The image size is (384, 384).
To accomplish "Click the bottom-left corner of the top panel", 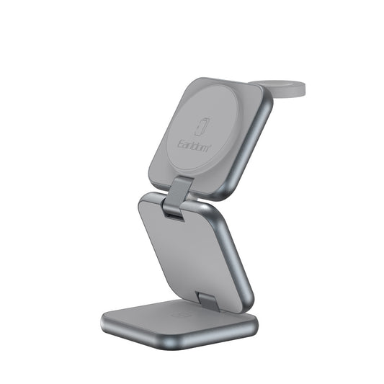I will pos(153,180).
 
